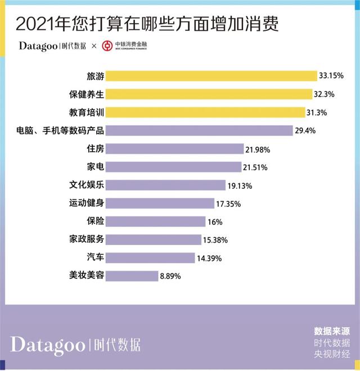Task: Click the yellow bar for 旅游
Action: coord(211,75)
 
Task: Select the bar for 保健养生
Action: coord(209,93)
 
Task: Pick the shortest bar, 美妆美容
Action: coord(132,276)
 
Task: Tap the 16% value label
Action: coord(215,221)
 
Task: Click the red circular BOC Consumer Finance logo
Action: coord(107,46)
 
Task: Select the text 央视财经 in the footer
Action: coord(332,354)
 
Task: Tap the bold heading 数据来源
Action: coord(332,332)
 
